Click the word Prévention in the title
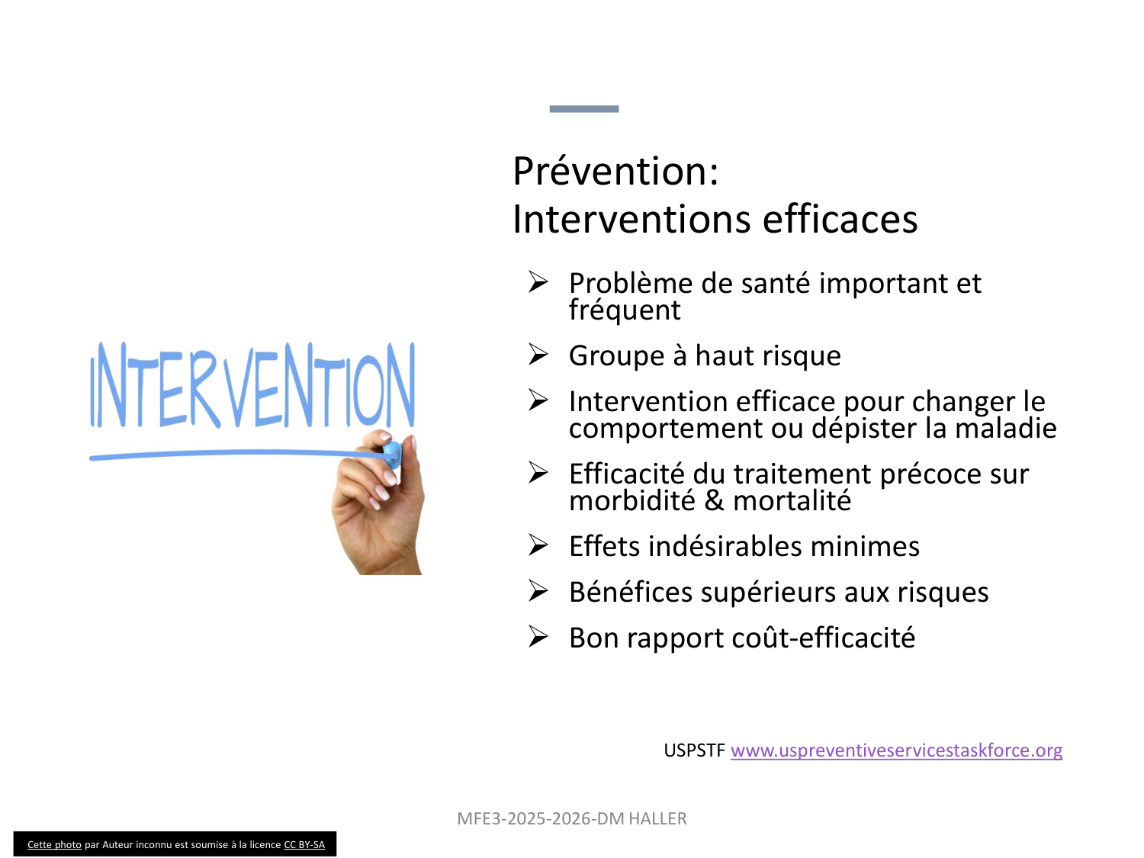pyautogui.click(x=610, y=171)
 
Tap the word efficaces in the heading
pyautogui.click(x=840, y=220)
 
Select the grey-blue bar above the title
pyautogui.click(x=584, y=109)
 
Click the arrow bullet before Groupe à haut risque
pyautogui.click(x=538, y=354)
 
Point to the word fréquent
pyautogui.click(x=625, y=310)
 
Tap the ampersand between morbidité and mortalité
pyautogui.click(x=714, y=500)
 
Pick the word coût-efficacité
pyautogui.click(x=824, y=638)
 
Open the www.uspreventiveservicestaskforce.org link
pyautogui.click(x=896, y=750)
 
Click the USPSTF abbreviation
pyautogui.click(x=694, y=750)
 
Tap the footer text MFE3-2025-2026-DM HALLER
pyautogui.click(x=572, y=819)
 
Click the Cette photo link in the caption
pyautogui.click(x=54, y=844)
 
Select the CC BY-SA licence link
pyautogui.click(x=304, y=844)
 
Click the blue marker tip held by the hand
pyautogui.click(x=392, y=455)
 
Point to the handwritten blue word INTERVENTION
pyautogui.click(x=252, y=385)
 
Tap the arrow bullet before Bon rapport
pyautogui.click(x=538, y=637)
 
